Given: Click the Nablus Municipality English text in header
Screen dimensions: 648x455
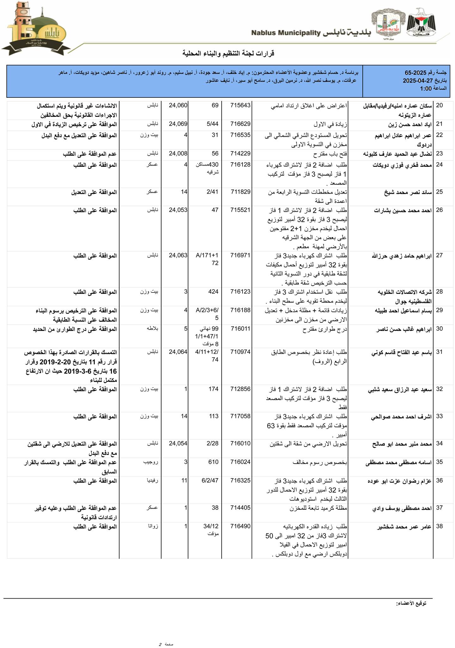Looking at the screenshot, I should point(286,33).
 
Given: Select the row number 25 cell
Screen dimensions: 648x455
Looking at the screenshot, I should point(439,192).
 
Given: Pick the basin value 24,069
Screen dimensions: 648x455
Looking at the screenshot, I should point(178,124).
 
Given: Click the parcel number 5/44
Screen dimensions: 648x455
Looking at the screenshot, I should point(212,124).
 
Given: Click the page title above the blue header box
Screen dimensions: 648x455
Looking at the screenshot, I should point(228,53).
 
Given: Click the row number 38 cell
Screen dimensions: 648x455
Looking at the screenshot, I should point(439,526).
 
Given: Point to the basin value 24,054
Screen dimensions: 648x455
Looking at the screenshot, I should point(178,444).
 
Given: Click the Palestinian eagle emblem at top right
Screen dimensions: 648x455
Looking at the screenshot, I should point(421,24).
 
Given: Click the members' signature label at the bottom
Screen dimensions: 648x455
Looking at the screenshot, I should point(411,603).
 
